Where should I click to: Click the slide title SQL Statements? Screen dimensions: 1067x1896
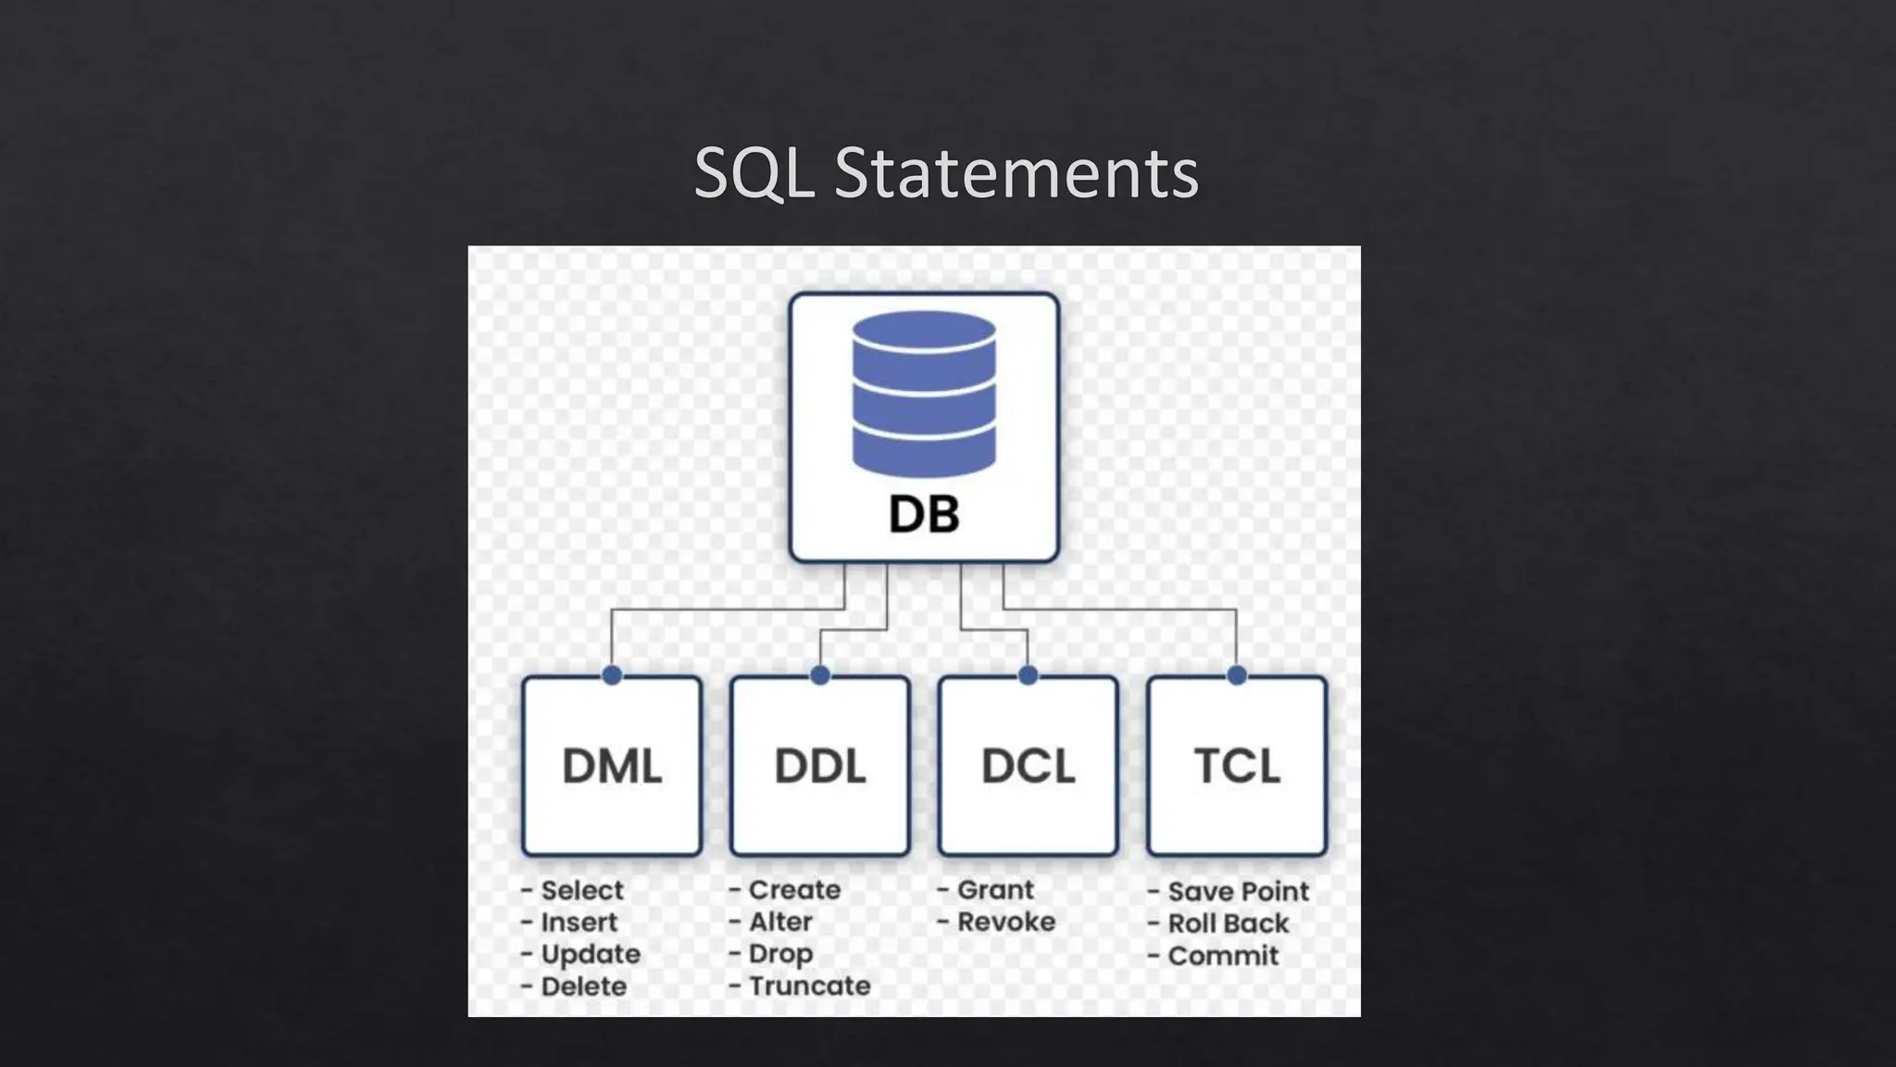point(946,173)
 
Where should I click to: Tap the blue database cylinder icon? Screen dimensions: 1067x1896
point(924,394)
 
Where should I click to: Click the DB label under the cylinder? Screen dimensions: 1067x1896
point(924,514)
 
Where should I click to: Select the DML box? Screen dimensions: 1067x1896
point(612,766)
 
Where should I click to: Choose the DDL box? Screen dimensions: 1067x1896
point(820,766)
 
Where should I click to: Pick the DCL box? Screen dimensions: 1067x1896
point(1028,766)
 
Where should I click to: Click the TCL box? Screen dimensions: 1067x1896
point(1237,766)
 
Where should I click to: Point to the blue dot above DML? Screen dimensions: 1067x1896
point(612,675)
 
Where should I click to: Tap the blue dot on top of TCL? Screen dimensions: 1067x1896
point(1237,675)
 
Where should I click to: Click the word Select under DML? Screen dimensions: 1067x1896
point(581,890)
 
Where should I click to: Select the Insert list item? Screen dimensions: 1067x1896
point(579,923)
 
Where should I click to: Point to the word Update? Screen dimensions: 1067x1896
point(590,954)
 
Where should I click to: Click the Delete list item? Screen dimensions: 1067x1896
point(583,986)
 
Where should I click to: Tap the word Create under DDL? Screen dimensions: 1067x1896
point(794,889)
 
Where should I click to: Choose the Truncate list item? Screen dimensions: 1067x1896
point(809,985)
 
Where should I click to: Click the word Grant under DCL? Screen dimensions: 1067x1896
point(995,889)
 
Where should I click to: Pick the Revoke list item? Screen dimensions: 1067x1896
point(1005,922)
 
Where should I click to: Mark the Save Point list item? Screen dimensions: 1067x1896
point(1238,891)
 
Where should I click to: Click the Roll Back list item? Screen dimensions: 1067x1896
point(1228,923)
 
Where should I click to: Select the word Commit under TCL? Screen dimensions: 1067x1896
point(1222,955)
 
